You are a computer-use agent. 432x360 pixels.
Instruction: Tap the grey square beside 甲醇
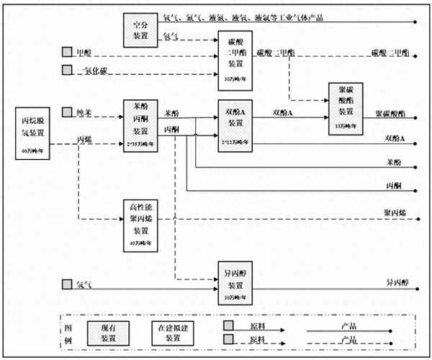[x=67, y=52]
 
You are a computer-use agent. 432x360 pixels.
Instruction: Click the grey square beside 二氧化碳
[x=67, y=70]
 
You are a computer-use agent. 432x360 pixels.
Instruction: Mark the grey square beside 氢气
[x=67, y=284]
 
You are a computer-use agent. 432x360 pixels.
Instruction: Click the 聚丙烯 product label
[x=395, y=214]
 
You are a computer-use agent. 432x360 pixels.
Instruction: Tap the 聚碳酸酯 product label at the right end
[x=391, y=114]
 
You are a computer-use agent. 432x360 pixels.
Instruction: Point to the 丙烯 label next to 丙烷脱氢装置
[x=84, y=139]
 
